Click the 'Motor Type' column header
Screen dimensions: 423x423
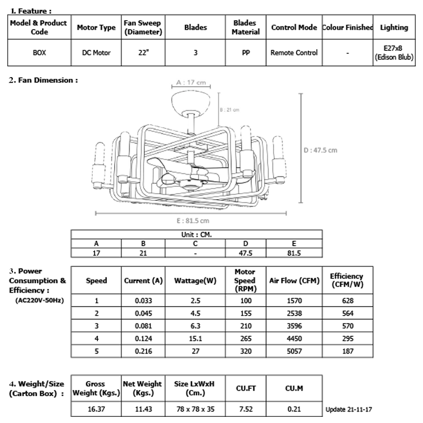tap(96, 27)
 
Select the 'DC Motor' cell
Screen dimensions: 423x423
tap(96, 53)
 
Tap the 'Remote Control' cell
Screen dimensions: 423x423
tap(294, 53)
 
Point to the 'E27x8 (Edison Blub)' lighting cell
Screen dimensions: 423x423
tap(394, 53)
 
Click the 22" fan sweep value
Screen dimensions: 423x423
tap(143, 53)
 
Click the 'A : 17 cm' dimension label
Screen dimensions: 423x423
tap(191, 82)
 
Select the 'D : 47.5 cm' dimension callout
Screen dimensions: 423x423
tap(320, 151)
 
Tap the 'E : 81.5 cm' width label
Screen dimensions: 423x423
tap(192, 220)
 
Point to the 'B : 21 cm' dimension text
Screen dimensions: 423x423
tap(229, 110)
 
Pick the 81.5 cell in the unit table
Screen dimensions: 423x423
tap(294, 253)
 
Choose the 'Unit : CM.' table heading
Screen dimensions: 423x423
tap(196, 234)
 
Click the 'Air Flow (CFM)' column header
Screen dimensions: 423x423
tap(294, 280)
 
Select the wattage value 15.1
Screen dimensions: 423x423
tap(195, 339)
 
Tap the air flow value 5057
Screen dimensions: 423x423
tap(294, 351)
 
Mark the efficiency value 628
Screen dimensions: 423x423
tap(347, 300)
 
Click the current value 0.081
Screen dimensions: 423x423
tap(143, 326)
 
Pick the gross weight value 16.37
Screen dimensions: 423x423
tap(96, 409)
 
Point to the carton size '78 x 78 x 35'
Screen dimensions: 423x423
tap(195, 409)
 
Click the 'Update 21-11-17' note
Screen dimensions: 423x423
tap(349, 410)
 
